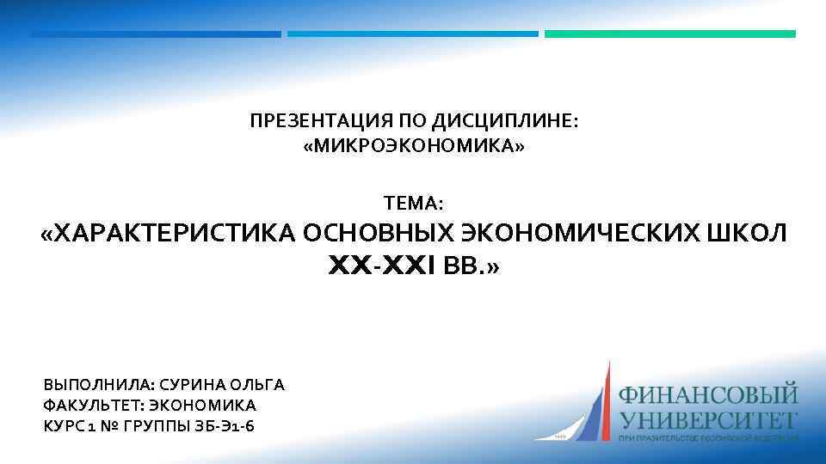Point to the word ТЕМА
(413, 204)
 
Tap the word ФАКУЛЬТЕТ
(92, 405)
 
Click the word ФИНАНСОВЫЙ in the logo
(709, 397)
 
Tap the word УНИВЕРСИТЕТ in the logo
(709, 421)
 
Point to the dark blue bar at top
(156, 34)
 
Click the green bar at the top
(670, 34)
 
